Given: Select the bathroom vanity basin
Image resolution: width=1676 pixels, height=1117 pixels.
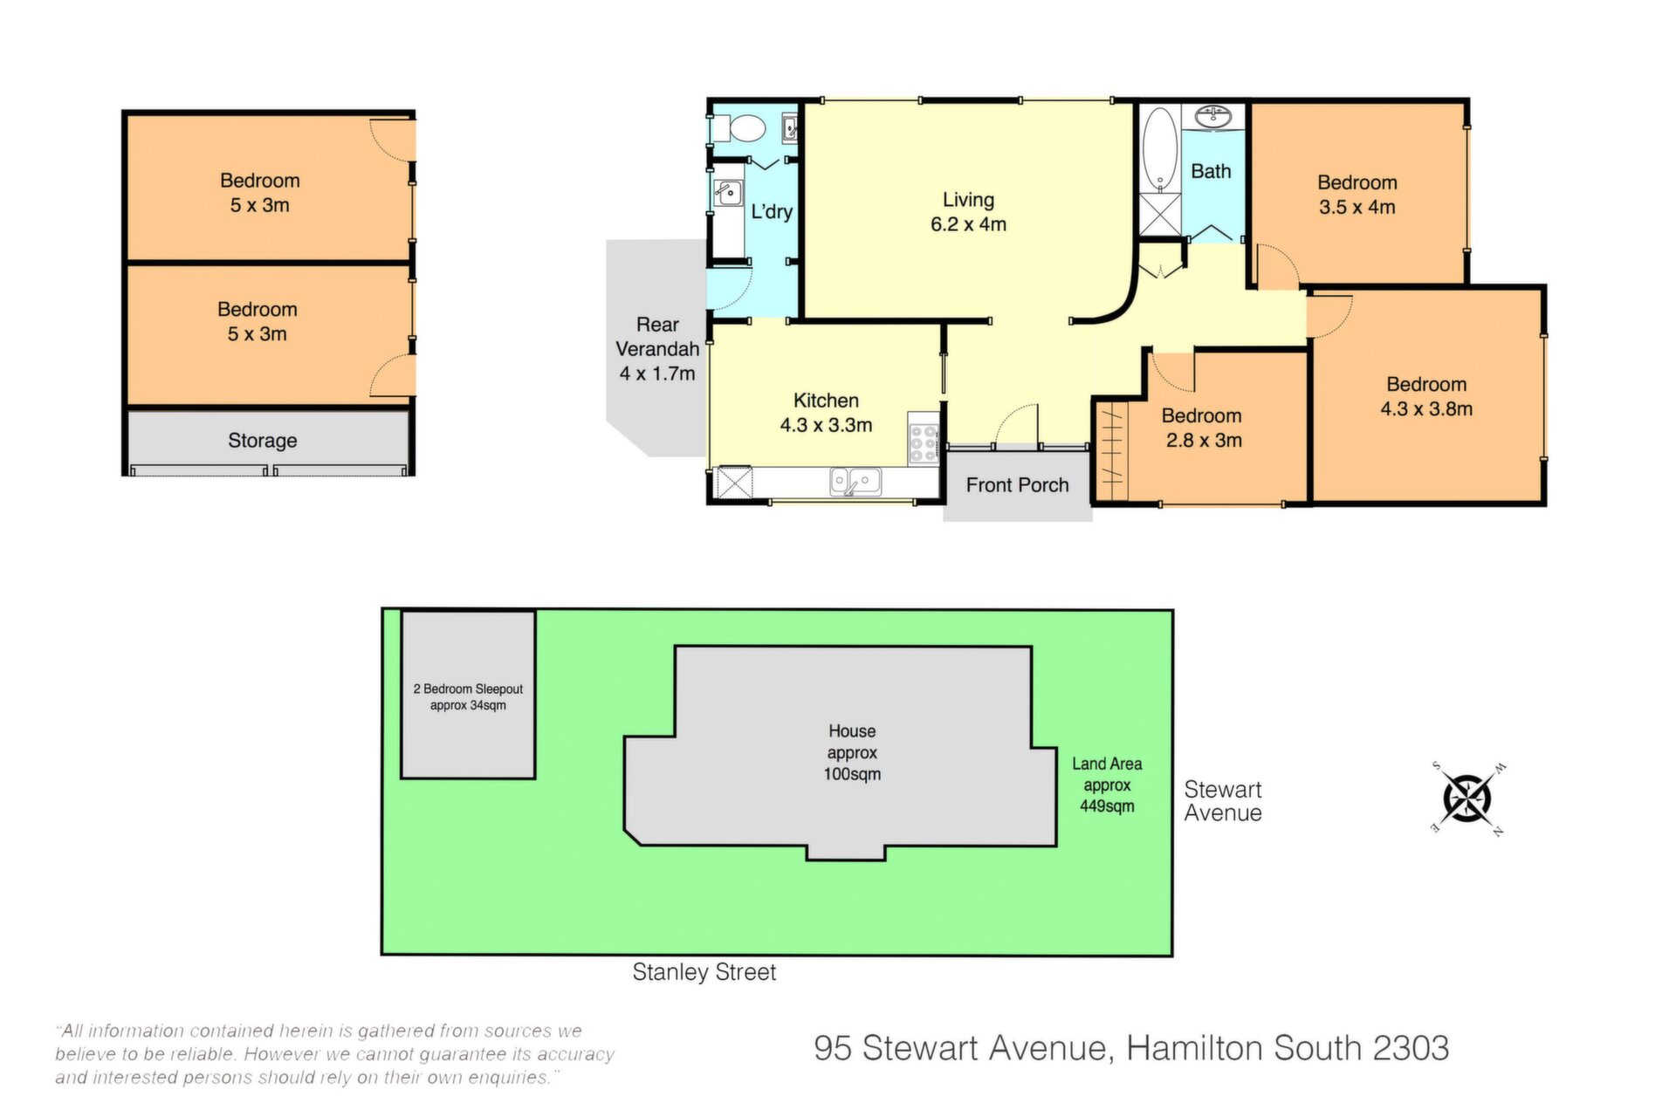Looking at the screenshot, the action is point(1214,116).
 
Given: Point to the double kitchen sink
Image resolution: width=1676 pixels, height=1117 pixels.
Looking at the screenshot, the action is point(855,482).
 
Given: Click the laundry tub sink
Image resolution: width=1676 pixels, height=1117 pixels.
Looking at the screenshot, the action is point(727,193).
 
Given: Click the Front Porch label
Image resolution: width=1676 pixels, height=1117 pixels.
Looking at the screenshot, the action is point(1017,485).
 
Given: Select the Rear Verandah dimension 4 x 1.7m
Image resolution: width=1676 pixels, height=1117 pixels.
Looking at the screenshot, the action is point(657,373).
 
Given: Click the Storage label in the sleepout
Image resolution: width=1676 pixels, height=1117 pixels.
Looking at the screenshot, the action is point(262,441).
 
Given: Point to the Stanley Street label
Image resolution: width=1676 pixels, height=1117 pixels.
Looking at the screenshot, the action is point(704,972).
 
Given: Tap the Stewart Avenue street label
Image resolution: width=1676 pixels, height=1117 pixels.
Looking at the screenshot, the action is point(1222,801).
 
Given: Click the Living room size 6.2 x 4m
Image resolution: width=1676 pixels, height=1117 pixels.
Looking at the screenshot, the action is point(968,224).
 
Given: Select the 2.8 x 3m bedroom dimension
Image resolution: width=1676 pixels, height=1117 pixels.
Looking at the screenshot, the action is point(1204,440).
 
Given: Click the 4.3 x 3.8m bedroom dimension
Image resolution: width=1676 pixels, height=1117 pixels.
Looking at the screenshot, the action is point(1426,408).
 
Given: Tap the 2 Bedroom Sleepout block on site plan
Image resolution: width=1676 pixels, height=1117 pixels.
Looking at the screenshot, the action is point(468,695).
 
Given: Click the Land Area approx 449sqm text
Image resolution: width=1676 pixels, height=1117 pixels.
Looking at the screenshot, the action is point(1107,785).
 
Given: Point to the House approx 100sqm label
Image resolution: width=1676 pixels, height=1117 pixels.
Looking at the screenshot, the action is point(852,752).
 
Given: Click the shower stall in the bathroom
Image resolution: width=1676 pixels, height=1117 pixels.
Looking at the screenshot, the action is point(1159,215).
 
